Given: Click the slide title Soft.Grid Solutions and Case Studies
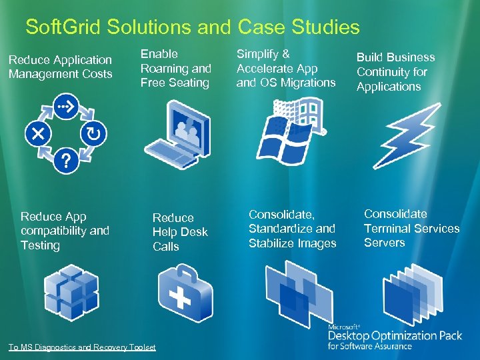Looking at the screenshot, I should point(192,27).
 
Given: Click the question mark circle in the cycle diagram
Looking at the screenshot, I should point(65,161).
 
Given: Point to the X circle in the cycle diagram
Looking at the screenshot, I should point(37,133).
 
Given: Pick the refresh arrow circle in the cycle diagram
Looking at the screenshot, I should point(94,133).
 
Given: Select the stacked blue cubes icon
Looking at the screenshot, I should point(71,292).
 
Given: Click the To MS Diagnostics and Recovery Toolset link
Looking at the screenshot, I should point(82,347).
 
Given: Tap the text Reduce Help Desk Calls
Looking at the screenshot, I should point(179,232).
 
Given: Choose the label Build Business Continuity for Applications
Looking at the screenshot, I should point(395,72).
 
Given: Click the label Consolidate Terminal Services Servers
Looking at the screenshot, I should point(411,228).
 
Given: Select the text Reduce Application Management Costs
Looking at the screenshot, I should point(60,67).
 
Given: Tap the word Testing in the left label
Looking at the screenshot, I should point(40,245).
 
